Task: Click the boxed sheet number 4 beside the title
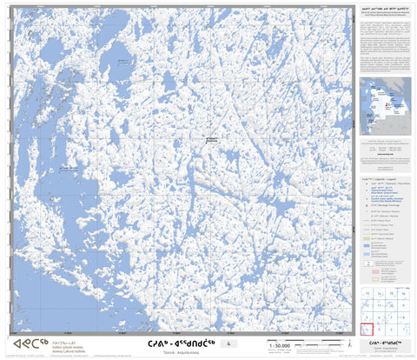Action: (228, 344)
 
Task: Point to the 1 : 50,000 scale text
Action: (281, 345)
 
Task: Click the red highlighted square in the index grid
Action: (367, 329)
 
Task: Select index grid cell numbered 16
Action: (404, 293)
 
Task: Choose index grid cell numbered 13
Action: (367, 293)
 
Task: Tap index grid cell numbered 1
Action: (404, 329)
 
